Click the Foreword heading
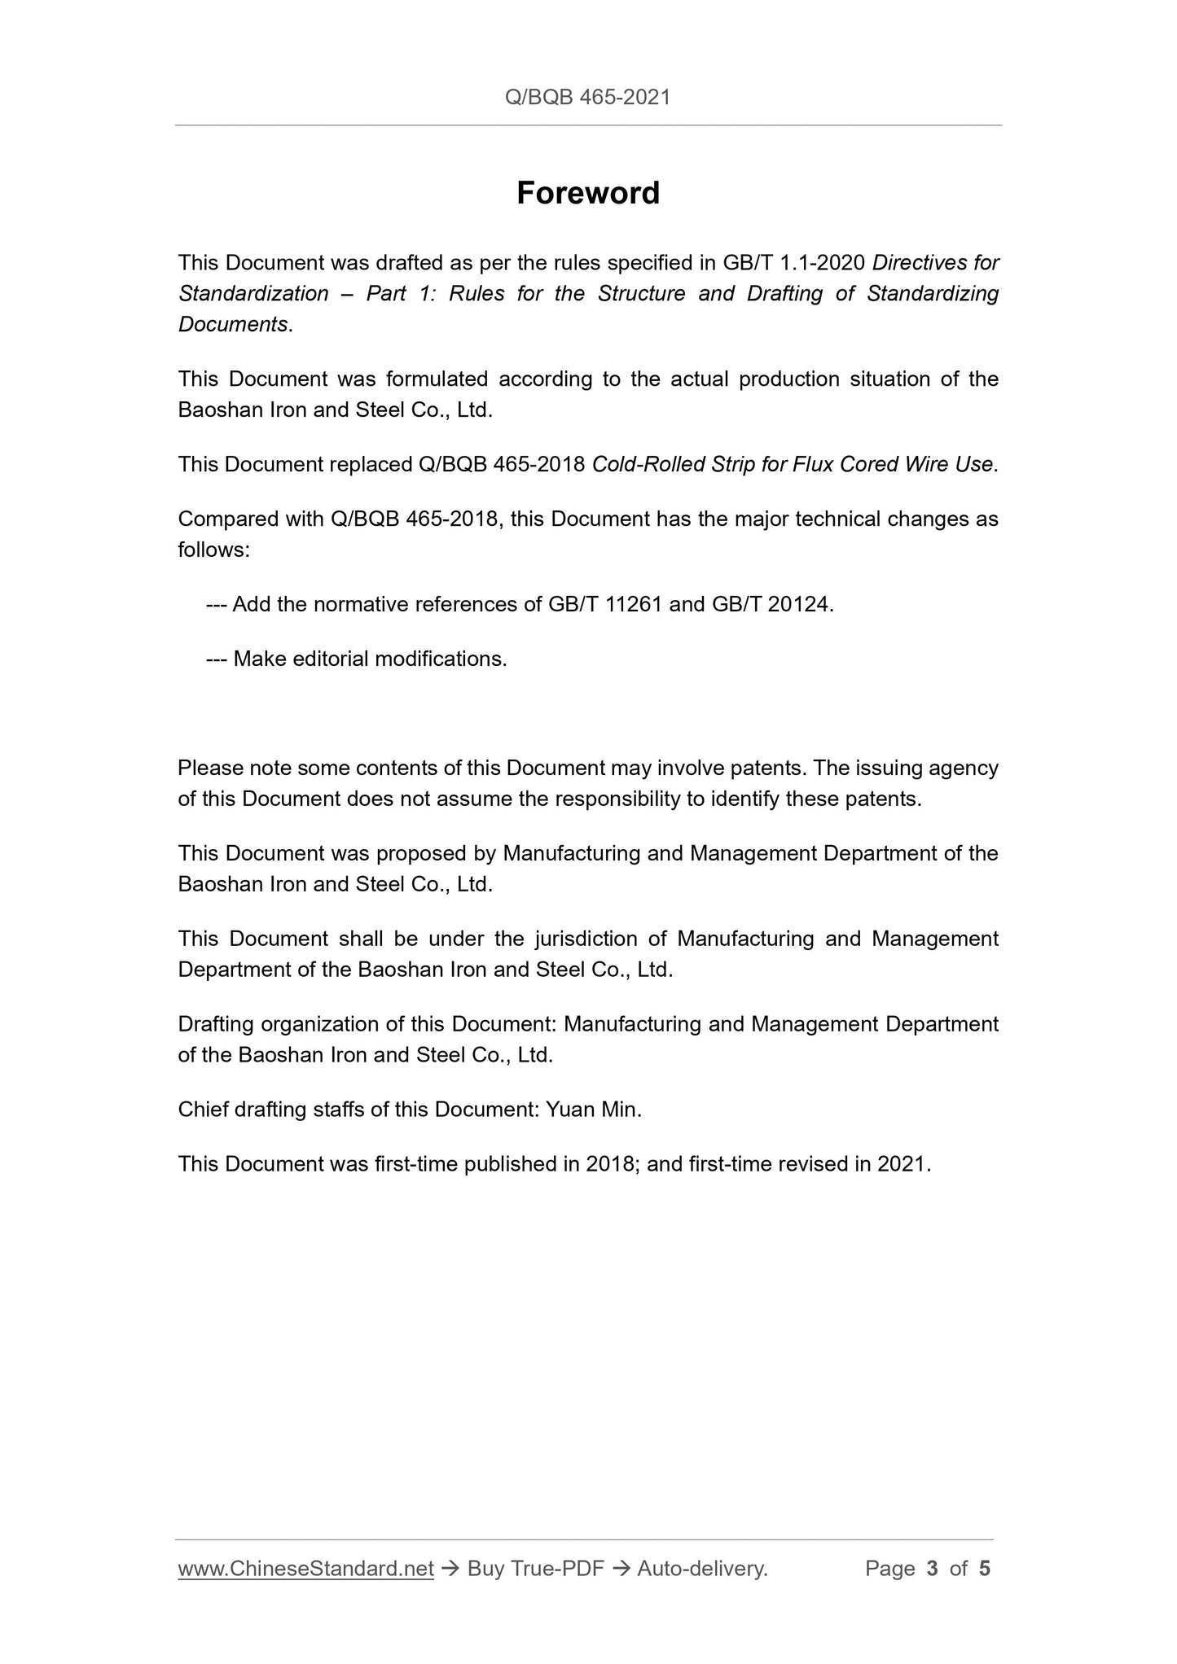(588, 194)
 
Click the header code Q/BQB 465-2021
(587, 98)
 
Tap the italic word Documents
(232, 324)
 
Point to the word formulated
(436, 379)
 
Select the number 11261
(634, 605)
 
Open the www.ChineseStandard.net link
(305, 1569)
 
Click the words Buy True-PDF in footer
(535, 1569)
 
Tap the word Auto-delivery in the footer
(701, 1569)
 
